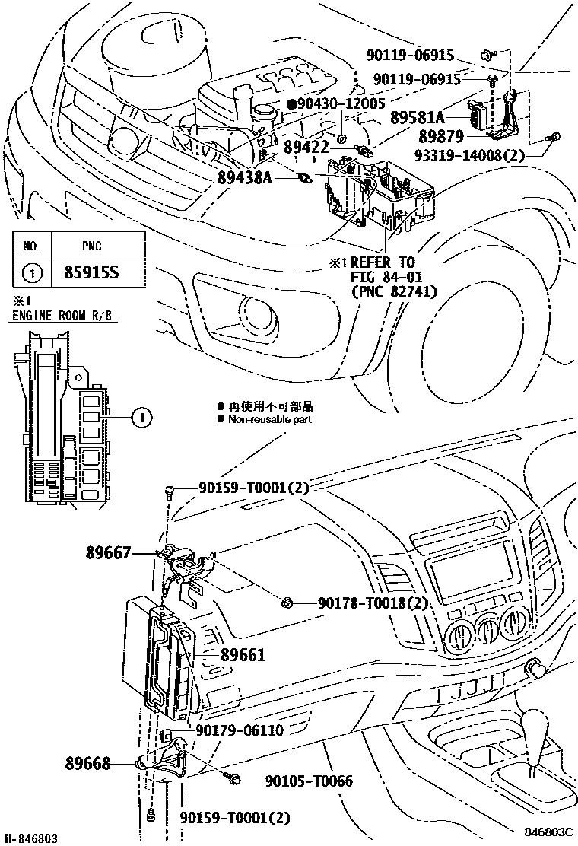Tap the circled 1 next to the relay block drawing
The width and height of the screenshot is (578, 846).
pos(141,417)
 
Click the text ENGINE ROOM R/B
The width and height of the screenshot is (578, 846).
pos(65,316)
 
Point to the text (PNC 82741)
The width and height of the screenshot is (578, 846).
pos(394,290)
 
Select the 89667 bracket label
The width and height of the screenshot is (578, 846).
pos(108,553)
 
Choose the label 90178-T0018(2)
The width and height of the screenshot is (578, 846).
pos(371,603)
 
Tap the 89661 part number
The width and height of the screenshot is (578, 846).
pos(243,654)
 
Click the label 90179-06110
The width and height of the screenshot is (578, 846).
pos(240,730)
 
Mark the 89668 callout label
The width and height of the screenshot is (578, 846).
pos(87,762)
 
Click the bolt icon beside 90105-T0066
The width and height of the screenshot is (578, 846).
pos(234,779)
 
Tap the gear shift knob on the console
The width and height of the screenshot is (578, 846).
pos(541,726)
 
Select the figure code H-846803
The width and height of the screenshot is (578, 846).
pos(30,838)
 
